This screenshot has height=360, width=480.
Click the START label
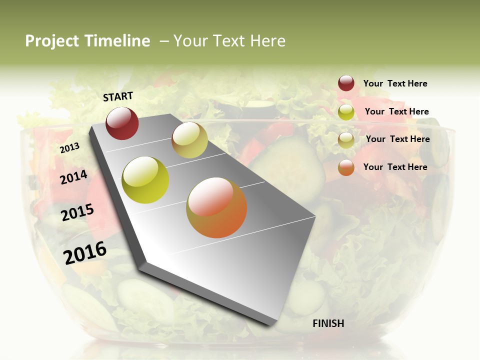tap(118, 96)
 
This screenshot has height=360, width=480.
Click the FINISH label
tap(328, 323)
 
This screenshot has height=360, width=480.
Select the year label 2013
tap(69, 148)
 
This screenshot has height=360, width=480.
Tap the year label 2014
tap(74, 177)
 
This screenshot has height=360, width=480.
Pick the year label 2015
tap(77, 212)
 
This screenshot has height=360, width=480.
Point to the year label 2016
tap(85, 252)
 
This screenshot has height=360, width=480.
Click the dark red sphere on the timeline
tap(122, 123)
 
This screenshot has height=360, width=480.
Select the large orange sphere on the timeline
tap(216, 207)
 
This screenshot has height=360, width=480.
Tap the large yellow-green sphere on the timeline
tap(145, 180)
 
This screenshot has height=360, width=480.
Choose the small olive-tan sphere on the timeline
tap(189, 140)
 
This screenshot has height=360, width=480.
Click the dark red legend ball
tap(346, 83)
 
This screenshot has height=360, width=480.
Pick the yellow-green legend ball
tap(346, 112)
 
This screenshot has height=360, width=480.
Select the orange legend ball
tap(346, 167)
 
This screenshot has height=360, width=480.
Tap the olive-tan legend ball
tap(346, 140)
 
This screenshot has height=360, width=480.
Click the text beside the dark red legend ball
tap(395, 83)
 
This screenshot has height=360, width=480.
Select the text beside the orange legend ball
tap(395, 167)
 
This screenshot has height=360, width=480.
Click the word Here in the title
tap(267, 41)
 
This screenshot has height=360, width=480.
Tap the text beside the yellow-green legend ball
tap(396, 111)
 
